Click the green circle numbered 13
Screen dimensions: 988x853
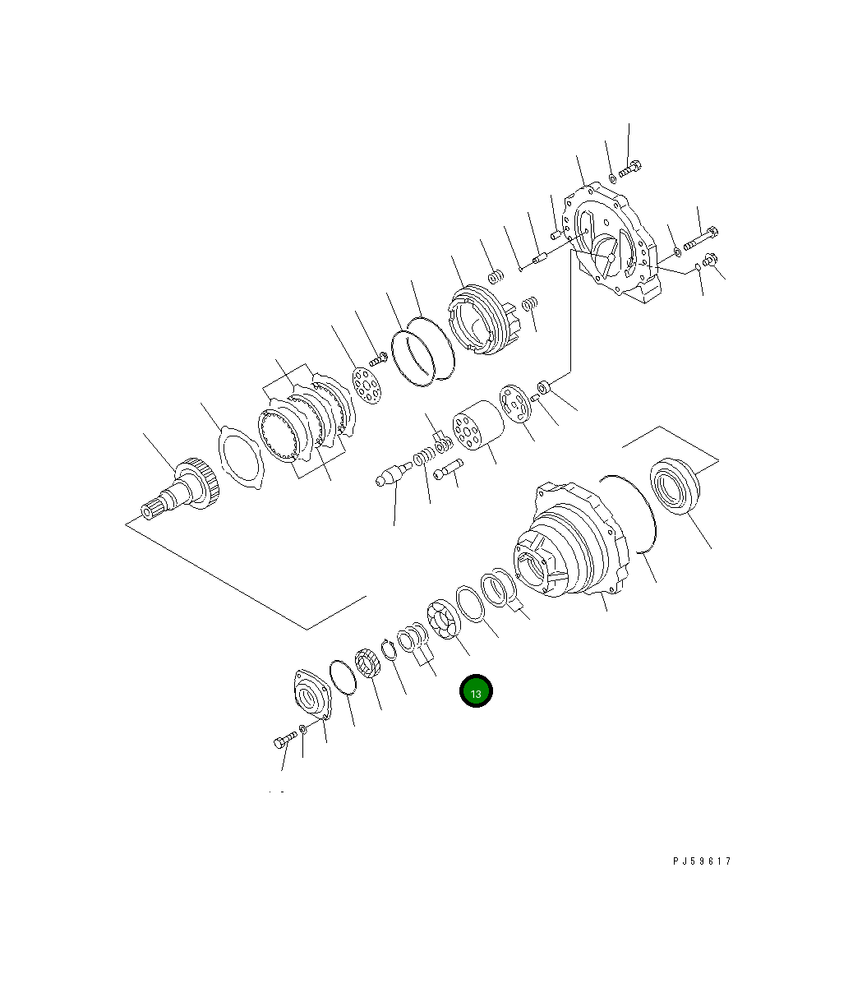476,691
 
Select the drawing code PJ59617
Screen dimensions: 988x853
701,861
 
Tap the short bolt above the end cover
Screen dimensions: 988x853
629,169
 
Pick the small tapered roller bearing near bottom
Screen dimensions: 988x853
367,663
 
